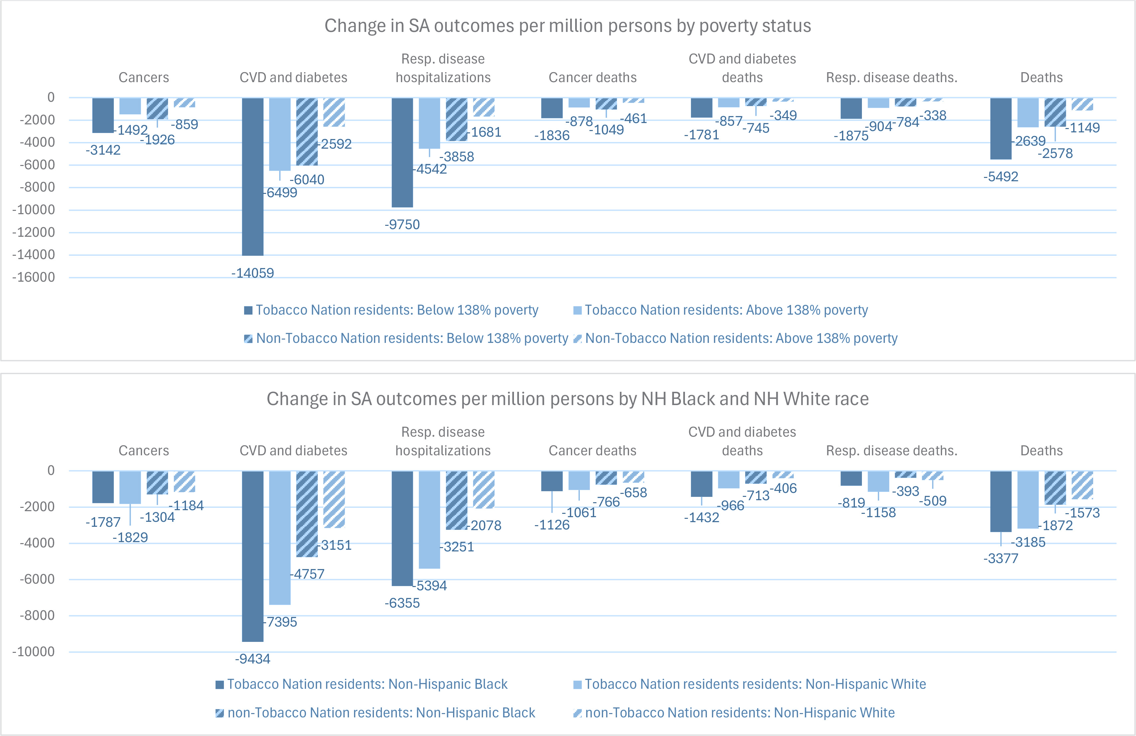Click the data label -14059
(x=252, y=273)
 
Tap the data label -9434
(x=252, y=659)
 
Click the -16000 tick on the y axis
(x=33, y=277)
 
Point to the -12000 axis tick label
(x=33, y=232)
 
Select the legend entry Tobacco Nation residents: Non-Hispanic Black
(x=362, y=684)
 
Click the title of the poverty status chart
(x=568, y=26)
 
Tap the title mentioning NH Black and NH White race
(x=568, y=399)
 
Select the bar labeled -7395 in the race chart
(x=280, y=538)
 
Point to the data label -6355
(x=403, y=603)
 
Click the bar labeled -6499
(x=280, y=135)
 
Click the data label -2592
(x=336, y=144)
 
